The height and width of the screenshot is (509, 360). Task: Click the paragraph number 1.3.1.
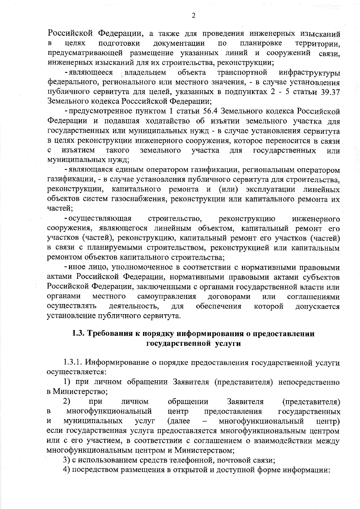(73, 363)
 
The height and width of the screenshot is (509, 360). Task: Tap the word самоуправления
(167, 296)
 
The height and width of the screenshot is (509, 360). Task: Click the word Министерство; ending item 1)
(80, 391)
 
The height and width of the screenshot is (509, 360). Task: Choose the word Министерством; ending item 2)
(204, 450)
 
